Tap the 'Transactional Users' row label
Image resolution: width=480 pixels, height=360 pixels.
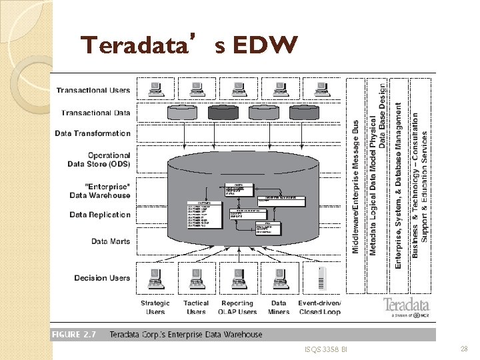[93, 91]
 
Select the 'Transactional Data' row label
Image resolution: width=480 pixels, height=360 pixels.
[96, 113]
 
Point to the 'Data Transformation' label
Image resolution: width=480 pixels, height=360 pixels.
[93, 133]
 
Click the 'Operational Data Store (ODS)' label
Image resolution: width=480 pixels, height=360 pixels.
[99, 160]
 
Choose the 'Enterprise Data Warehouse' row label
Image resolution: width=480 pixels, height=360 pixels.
[99, 191]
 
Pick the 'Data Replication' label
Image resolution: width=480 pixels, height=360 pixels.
[100, 215]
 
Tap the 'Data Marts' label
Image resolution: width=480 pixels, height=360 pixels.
[111, 241]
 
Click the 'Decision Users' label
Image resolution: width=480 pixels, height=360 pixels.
[102, 278]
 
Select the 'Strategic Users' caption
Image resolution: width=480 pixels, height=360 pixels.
[155, 307]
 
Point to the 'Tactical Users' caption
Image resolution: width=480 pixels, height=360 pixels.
[196, 307]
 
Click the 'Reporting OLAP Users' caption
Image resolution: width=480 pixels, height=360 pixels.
[238, 307]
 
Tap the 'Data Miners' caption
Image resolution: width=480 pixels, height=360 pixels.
[279, 307]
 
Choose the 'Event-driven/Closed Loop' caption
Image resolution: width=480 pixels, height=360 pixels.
[319, 307]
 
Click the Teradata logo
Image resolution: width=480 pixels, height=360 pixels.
[406, 307]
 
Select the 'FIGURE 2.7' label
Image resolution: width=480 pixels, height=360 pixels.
[74, 335]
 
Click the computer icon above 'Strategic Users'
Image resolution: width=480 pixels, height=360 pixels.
[155, 275]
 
